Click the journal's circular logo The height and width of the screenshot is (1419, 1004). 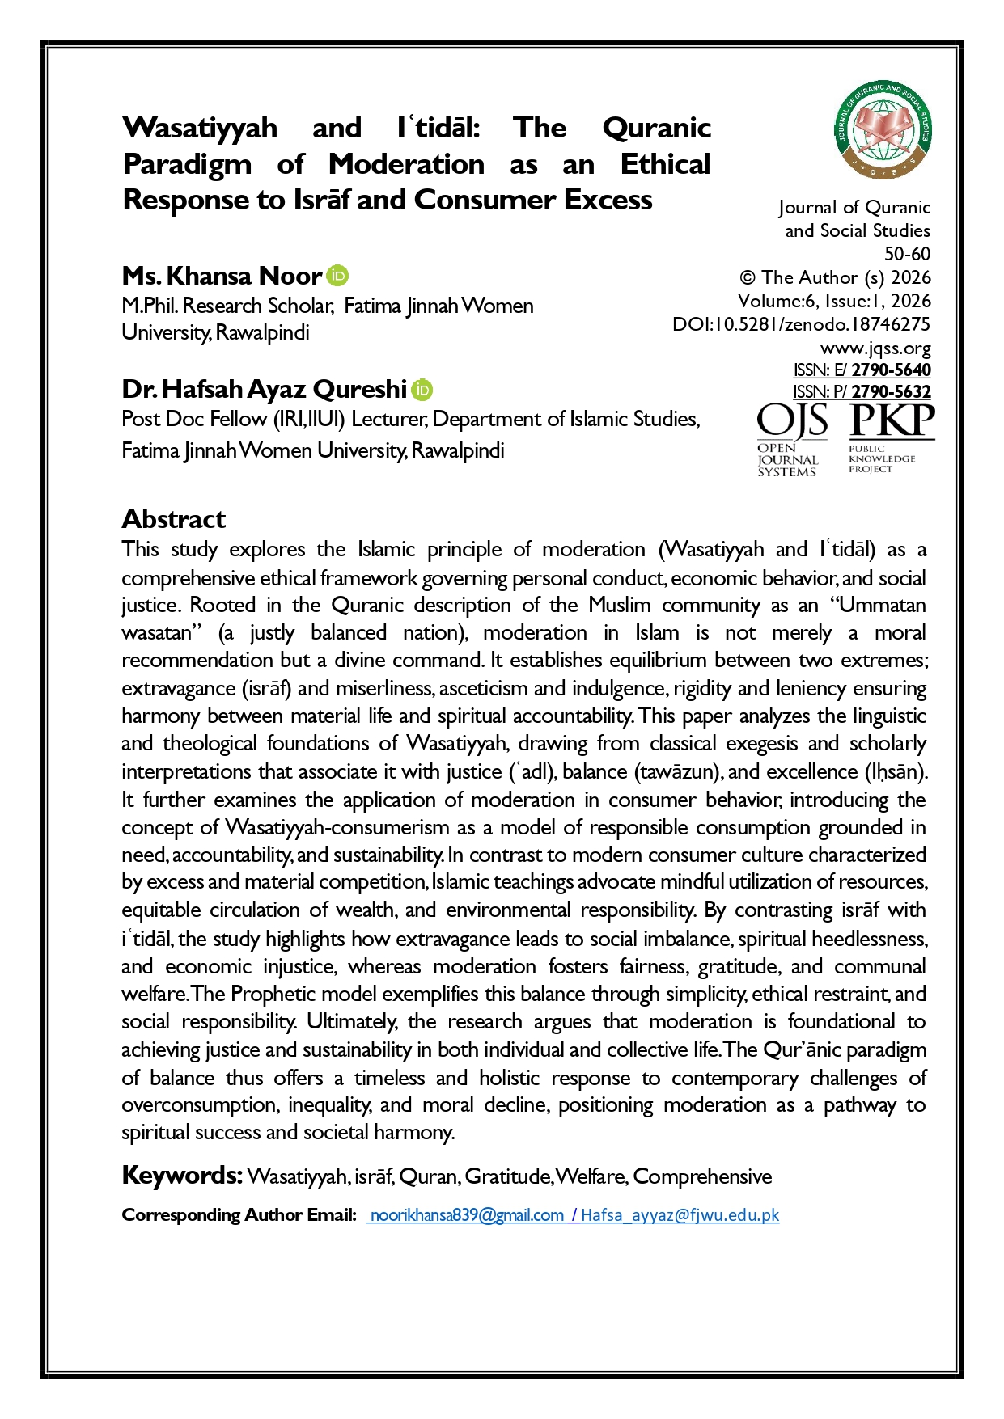(883, 130)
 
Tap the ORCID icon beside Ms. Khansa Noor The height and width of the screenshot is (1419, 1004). (337, 276)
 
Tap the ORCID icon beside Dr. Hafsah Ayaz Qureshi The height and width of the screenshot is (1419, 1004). (422, 390)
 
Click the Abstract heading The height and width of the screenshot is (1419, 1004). (174, 519)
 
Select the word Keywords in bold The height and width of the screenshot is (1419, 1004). (182, 1175)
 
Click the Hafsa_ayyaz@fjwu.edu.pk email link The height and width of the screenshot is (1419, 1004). (680, 1215)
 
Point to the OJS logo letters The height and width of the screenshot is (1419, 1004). (792, 421)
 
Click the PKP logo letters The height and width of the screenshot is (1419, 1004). (892, 421)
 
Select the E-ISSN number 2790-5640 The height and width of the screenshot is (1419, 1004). (891, 370)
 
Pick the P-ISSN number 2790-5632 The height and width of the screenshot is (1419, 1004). (891, 392)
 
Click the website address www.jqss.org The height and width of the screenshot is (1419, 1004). (875, 348)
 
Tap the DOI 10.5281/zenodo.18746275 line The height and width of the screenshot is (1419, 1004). (801, 324)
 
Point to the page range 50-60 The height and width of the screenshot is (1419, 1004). (907, 254)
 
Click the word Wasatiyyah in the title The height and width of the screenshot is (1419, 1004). (200, 128)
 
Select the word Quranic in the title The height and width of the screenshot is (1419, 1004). (656, 128)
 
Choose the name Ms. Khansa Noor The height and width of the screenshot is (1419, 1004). (222, 276)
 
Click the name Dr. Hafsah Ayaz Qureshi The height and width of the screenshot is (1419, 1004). (264, 390)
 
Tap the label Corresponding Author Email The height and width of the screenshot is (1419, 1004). (239, 1215)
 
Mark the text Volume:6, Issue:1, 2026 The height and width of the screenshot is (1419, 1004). (834, 301)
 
